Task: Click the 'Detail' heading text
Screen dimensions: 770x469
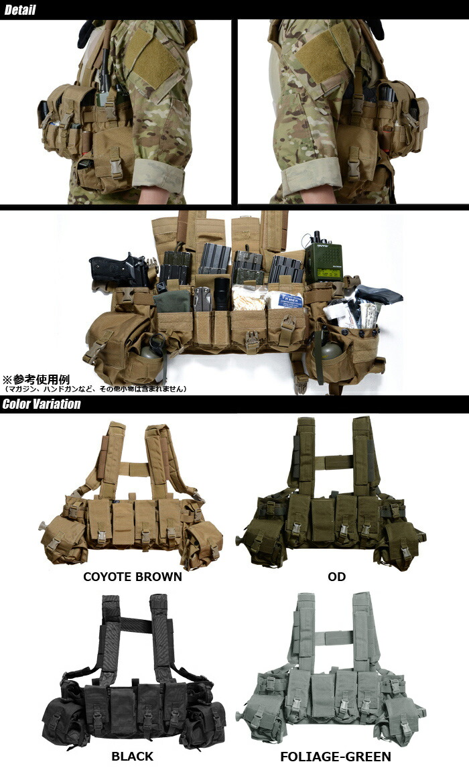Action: click(20, 10)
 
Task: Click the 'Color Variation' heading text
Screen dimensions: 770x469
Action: click(42, 404)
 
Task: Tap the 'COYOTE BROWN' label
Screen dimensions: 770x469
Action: click(132, 576)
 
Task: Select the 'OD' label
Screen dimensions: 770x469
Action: click(336, 576)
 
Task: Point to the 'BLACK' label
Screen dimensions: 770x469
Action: click(132, 757)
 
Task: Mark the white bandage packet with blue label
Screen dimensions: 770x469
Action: click(284, 298)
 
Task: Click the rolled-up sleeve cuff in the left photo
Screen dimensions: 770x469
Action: click(158, 176)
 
